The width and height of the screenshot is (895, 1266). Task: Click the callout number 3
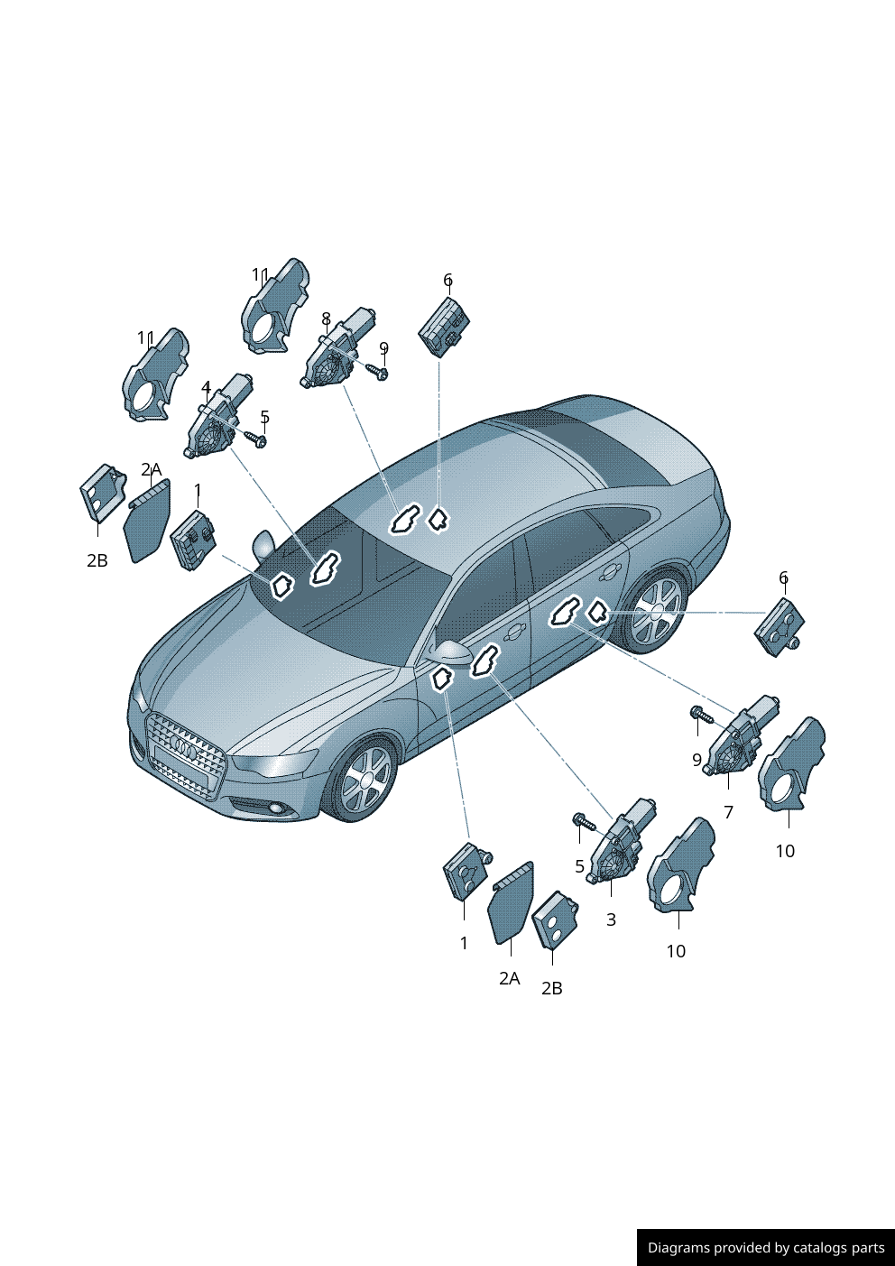click(611, 919)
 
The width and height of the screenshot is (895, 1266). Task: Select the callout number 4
click(207, 388)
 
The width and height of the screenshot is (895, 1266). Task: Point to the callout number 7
click(728, 812)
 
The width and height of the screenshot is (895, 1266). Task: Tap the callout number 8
click(326, 319)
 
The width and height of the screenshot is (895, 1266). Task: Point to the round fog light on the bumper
click(278, 810)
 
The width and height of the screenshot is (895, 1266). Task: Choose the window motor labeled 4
click(217, 416)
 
